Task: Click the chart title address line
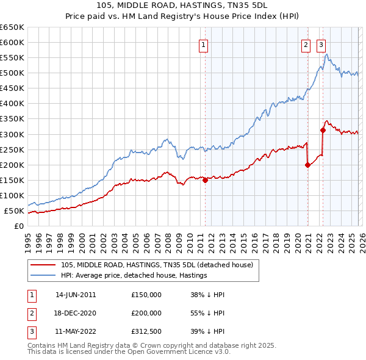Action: (x=182, y=5)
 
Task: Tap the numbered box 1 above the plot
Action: (x=203, y=43)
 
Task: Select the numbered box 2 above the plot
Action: (x=305, y=43)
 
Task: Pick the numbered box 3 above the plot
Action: (x=321, y=43)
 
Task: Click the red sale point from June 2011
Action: (x=205, y=180)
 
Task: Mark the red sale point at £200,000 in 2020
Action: (x=307, y=165)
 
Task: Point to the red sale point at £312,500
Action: (x=323, y=130)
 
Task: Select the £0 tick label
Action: (x=19, y=226)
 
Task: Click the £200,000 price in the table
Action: (x=146, y=312)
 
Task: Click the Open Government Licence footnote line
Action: (x=129, y=352)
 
